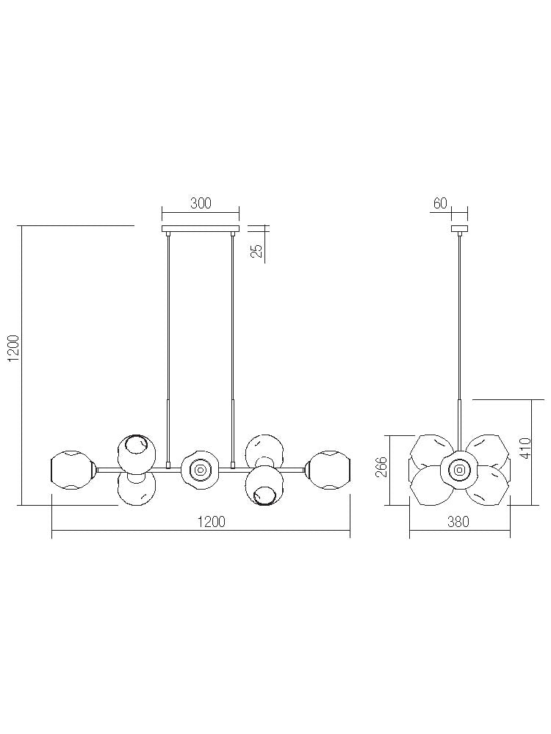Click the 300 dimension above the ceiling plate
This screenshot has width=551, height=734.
pyautogui.click(x=201, y=204)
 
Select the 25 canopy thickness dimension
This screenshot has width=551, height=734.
pyautogui.click(x=256, y=250)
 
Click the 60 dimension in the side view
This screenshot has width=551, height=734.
pyautogui.click(x=440, y=204)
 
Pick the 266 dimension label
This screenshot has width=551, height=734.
pyautogui.click(x=381, y=468)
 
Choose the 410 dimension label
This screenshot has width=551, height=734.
pyautogui.click(x=525, y=448)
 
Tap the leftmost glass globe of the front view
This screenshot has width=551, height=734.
pyautogui.click(x=71, y=470)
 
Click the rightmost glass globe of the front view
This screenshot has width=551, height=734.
pyautogui.click(x=328, y=470)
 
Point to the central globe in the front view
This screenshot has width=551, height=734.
pyautogui.click(x=199, y=469)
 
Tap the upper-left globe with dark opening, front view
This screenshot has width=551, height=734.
pyautogui.click(x=135, y=452)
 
